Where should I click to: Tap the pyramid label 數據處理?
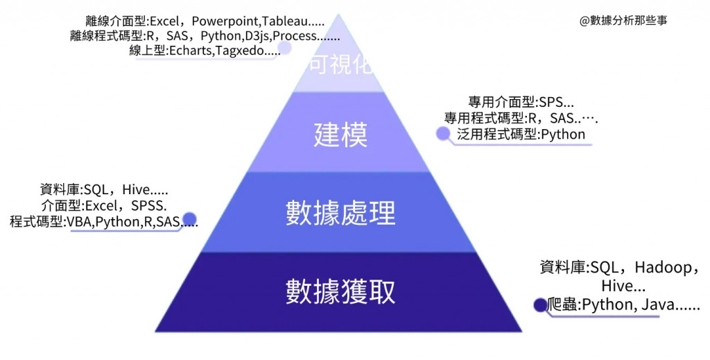(x=340, y=214)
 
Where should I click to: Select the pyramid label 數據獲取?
(x=340, y=292)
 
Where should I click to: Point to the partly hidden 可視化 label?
(x=340, y=66)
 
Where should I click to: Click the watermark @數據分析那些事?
(x=623, y=20)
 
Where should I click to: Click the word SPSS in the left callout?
(x=147, y=205)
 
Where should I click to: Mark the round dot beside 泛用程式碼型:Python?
(x=442, y=134)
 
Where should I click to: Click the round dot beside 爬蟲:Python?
(x=539, y=304)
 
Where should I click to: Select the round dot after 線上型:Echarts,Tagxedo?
(x=284, y=48)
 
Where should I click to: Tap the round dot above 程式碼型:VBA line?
(x=188, y=218)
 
